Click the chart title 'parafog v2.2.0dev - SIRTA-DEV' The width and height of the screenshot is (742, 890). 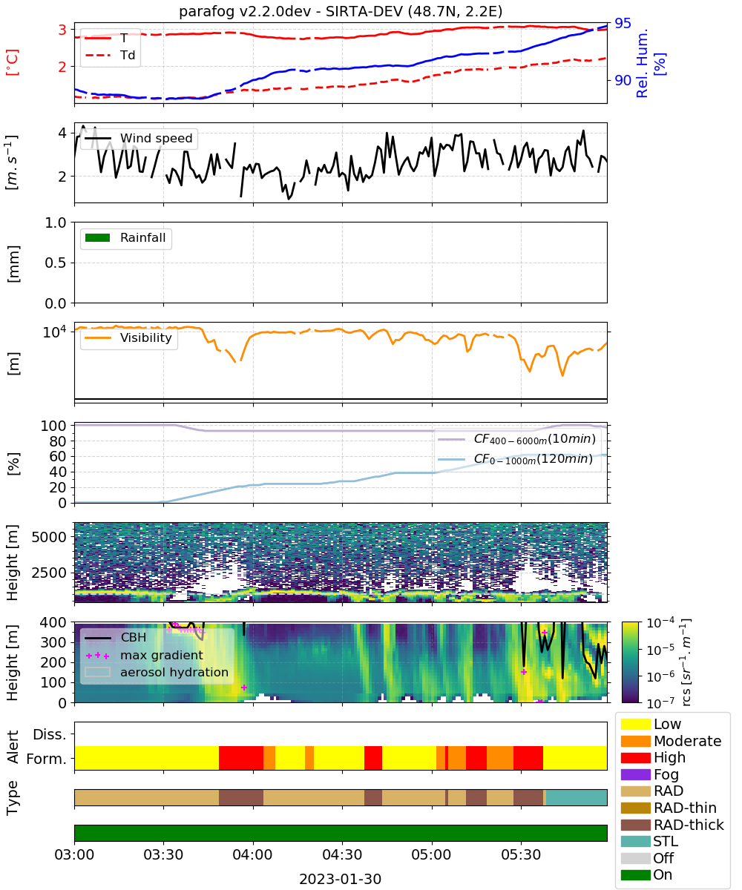291,11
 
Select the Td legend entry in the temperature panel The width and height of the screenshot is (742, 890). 110,55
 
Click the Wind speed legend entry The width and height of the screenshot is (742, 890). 139,138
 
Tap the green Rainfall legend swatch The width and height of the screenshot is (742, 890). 98,237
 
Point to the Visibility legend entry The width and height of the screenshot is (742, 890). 128,337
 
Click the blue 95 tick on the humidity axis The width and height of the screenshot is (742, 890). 623,23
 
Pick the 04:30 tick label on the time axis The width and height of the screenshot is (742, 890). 342,854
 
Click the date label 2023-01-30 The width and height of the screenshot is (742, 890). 341,879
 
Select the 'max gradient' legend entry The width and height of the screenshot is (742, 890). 144,655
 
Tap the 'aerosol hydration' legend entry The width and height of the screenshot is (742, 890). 157,672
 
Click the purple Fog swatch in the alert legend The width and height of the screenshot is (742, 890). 635,774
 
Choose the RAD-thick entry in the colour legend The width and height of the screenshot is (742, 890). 672,824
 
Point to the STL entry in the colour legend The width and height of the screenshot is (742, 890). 649,841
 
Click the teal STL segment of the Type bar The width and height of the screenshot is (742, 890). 577,797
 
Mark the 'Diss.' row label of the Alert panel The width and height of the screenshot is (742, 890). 50,734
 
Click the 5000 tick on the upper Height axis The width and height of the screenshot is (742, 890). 49,537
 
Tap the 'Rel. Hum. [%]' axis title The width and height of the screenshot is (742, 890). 651,63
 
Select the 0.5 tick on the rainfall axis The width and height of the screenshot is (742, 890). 56,263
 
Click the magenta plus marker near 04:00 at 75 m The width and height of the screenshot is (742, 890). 244,688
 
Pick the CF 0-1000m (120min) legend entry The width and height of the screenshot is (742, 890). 516,459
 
